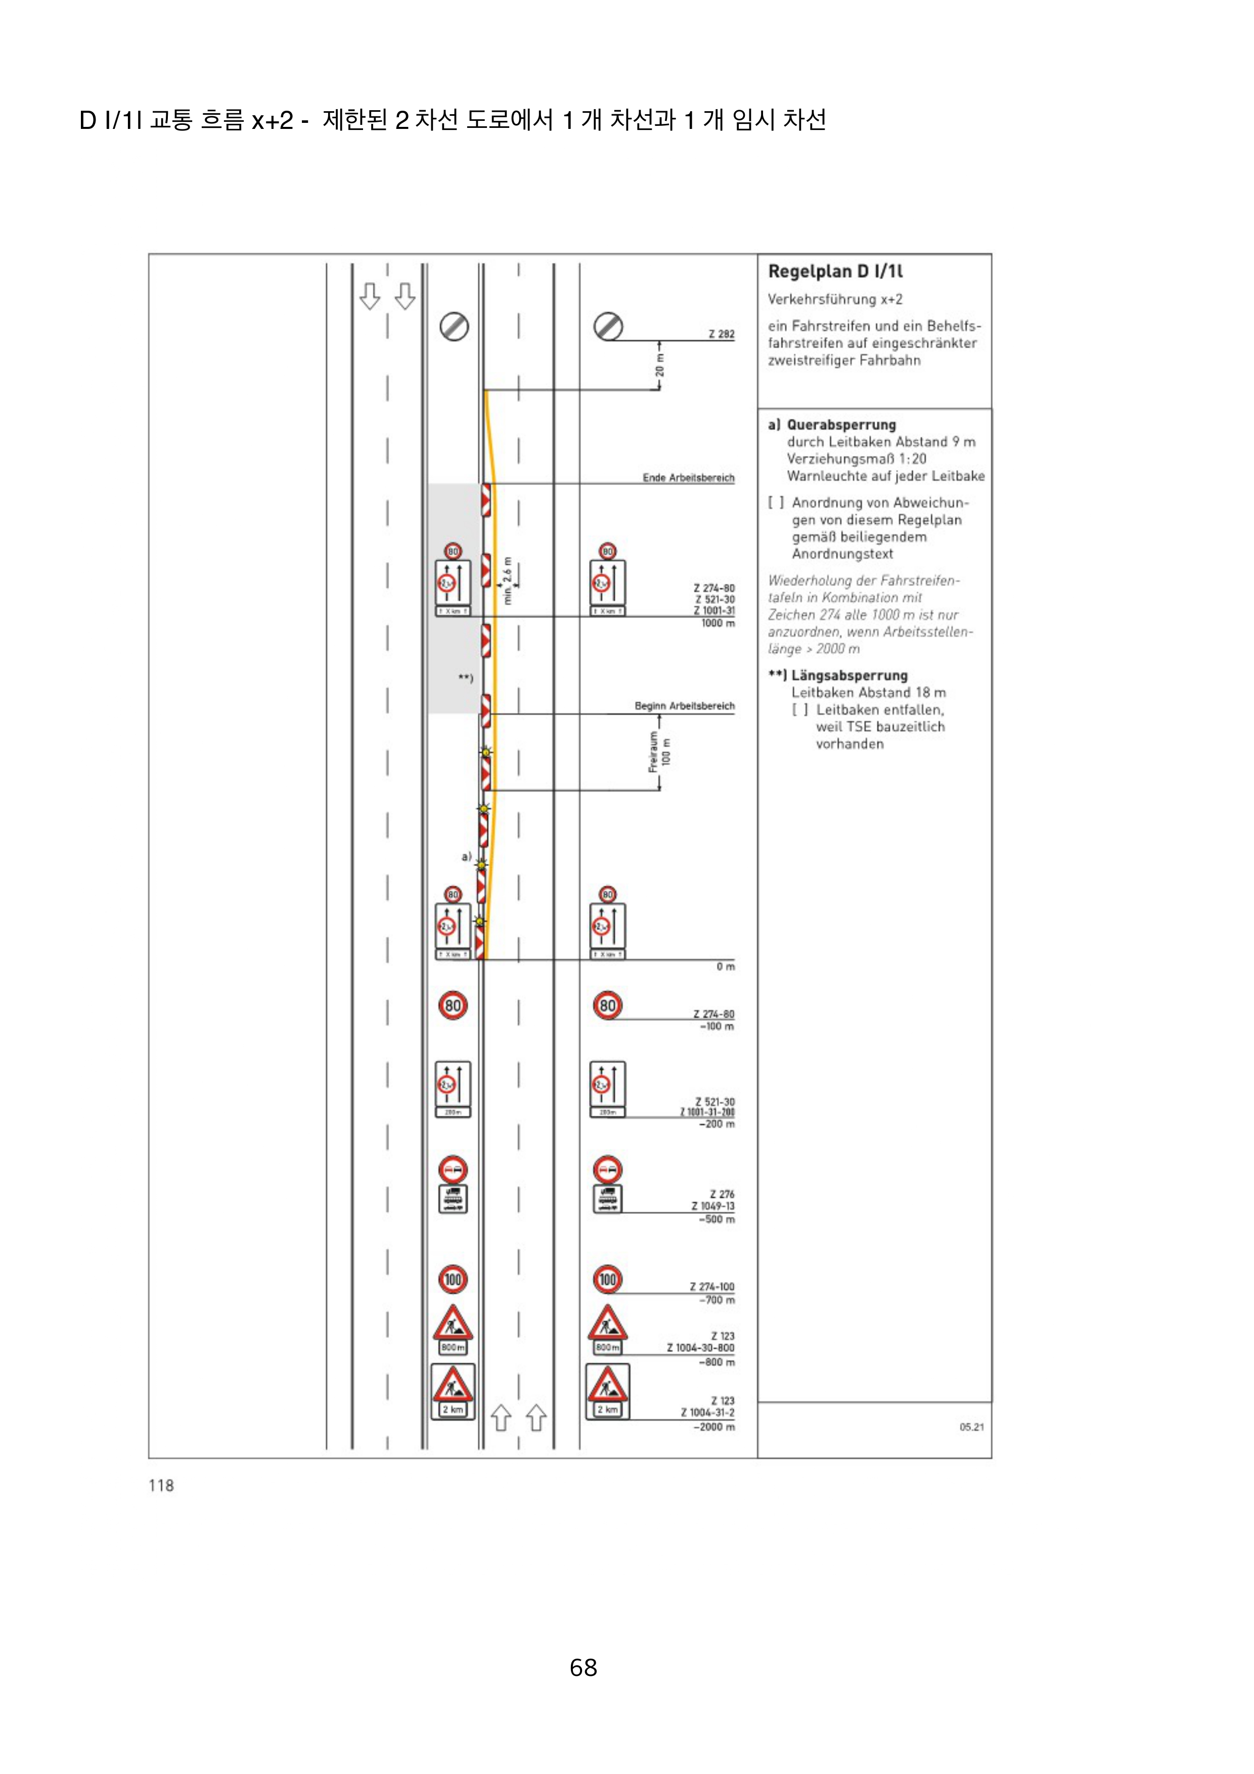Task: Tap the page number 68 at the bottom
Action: coord(584,1667)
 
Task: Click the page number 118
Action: coord(161,1485)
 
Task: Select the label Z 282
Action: coord(722,334)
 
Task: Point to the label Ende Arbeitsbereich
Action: coord(688,477)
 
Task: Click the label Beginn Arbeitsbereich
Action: coord(685,705)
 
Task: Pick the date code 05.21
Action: coord(971,1426)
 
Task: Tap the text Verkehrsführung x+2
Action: coord(834,299)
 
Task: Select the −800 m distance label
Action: coord(717,1361)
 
